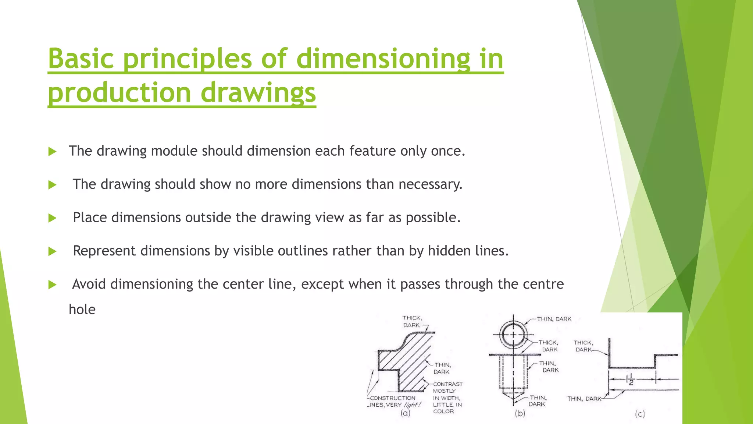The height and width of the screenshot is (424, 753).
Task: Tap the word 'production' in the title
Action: [120, 92]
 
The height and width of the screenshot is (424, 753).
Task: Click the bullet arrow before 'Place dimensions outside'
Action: [52, 218]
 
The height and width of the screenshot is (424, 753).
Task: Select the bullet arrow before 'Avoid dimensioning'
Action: [52, 285]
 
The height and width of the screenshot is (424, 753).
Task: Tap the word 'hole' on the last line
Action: [82, 310]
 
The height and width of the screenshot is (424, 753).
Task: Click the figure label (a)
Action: [405, 413]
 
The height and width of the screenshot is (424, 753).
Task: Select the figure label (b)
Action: [520, 413]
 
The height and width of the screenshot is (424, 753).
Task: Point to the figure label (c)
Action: [640, 414]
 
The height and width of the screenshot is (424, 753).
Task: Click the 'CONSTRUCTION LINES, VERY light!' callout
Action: [393, 402]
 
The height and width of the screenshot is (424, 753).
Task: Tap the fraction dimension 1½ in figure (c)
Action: [631, 379]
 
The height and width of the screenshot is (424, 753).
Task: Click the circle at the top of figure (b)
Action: [513, 335]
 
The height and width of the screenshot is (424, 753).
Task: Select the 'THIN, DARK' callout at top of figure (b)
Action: [554, 319]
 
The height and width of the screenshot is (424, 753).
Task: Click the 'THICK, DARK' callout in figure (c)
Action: [584, 346]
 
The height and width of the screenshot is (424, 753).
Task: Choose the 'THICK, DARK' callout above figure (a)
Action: [412, 321]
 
